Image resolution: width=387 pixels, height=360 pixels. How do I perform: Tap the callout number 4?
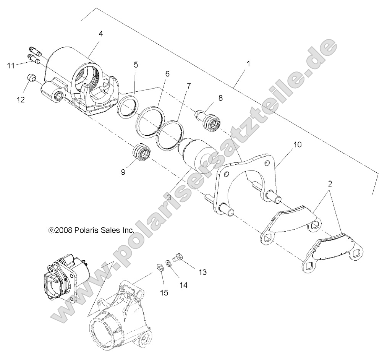pyautogui.click(x=100, y=34)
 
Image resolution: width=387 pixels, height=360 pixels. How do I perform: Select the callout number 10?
pyautogui.click(x=297, y=144)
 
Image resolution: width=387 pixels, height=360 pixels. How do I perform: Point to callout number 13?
pyautogui.click(x=202, y=272)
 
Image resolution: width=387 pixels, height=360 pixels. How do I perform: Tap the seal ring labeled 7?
pyautogui.click(x=168, y=134)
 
